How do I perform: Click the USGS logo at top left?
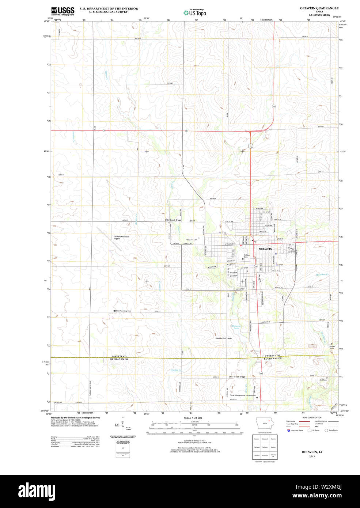62,11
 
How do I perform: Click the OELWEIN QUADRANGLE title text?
319,8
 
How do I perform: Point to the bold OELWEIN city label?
265,249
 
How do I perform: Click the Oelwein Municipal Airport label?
121,237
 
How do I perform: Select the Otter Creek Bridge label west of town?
173,220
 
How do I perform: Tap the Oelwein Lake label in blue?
236,327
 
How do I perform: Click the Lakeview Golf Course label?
223,338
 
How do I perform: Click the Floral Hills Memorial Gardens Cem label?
242,395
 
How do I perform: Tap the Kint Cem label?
323,380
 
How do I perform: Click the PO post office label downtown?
255,242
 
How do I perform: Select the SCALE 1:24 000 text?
193,418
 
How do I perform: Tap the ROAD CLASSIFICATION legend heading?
312,417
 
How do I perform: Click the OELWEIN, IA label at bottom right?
312,452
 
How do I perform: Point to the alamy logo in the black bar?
37,490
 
